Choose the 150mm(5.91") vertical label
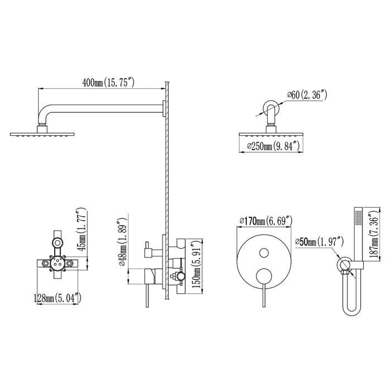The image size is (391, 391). (x=195, y=262)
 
